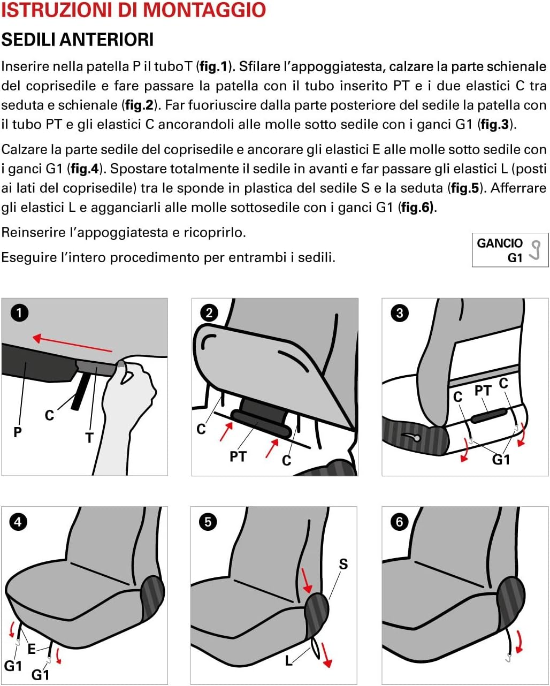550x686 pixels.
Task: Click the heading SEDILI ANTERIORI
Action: click(78, 40)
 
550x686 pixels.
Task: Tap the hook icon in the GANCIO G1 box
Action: click(535, 250)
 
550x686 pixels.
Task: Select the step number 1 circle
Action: click(19, 312)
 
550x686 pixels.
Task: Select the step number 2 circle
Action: click(209, 312)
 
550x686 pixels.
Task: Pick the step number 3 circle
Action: click(399, 312)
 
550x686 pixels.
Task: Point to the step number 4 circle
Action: click(18, 521)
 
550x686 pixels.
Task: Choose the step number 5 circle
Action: click(208, 521)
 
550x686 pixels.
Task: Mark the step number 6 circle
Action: click(399, 521)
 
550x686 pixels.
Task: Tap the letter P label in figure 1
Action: click(18, 432)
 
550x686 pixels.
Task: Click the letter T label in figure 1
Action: click(89, 438)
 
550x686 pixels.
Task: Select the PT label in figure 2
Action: click(238, 456)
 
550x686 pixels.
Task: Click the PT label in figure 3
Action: click(483, 391)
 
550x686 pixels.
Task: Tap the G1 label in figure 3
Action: click(501, 459)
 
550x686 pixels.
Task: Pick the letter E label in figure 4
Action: click(32, 649)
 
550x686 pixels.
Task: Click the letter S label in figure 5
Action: click(343, 564)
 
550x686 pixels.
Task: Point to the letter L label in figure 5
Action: click(288, 661)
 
